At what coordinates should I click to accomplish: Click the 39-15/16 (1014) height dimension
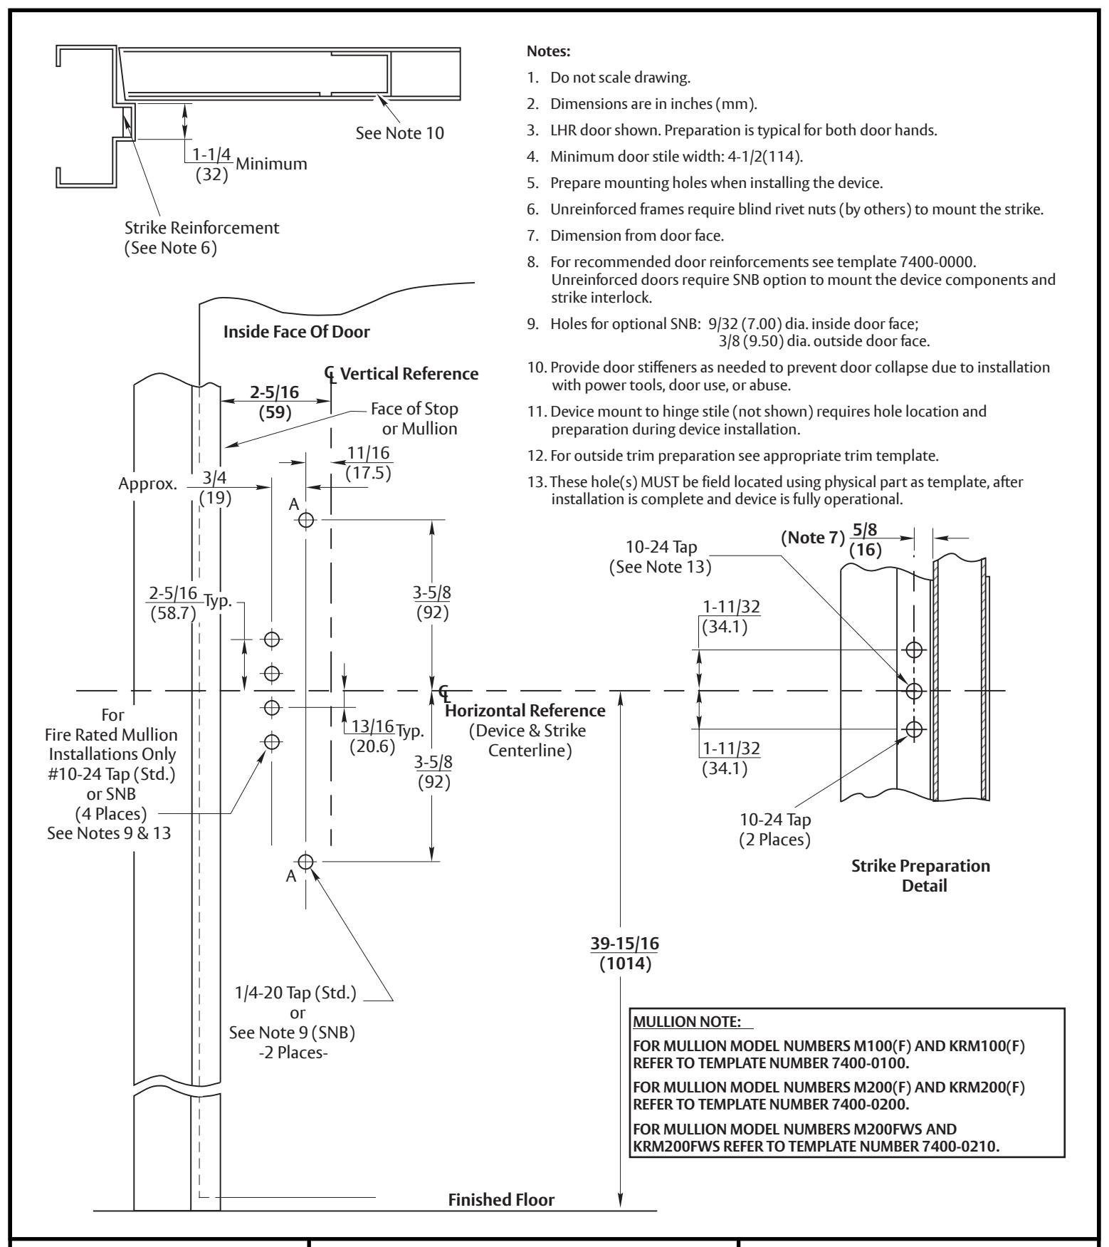click(x=625, y=954)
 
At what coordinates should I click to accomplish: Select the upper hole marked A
click(x=306, y=520)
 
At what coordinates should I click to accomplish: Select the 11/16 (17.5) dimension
click(x=369, y=463)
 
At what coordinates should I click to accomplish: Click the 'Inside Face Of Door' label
click(x=297, y=331)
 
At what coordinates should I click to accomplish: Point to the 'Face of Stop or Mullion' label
click(x=414, y=419)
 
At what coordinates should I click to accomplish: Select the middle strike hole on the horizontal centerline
click(x=913, y=691)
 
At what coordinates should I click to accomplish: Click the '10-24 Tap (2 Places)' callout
click(x=775, y=830)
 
